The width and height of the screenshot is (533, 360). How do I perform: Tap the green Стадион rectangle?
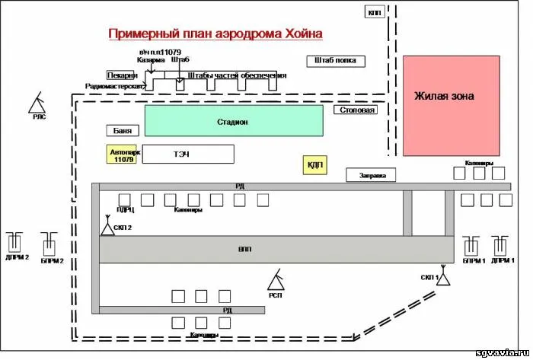click(234, 122)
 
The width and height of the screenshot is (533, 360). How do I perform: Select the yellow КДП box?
click(314, 164)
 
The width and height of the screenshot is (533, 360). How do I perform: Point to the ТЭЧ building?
click(188, 155)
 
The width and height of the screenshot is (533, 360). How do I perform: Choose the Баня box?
click(123, 130)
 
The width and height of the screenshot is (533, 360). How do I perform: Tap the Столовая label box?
click(355, 110)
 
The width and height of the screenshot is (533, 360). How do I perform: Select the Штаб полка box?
click(336, 61)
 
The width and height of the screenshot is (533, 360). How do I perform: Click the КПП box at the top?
click(375, 12)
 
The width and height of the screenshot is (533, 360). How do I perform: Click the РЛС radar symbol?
click(38, 102)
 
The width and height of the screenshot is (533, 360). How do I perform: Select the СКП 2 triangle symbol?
click(107, 227)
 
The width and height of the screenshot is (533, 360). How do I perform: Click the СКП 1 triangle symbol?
click(445, 279)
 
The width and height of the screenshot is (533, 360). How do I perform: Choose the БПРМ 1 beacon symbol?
click(472, 245)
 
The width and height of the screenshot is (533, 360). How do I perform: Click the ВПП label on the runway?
click(245, 249)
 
